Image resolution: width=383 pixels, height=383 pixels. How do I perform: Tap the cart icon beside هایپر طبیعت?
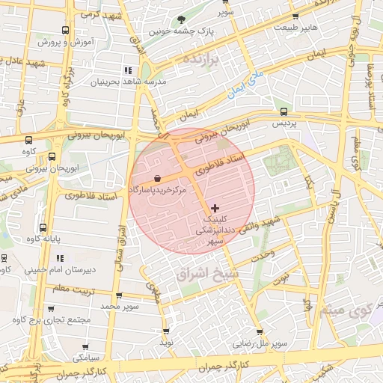tap(296, 16)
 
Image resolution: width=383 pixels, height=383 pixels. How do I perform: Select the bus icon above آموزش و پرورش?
tap(66, 31)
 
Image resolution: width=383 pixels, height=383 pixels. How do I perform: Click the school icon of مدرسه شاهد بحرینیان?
tap(137, 70)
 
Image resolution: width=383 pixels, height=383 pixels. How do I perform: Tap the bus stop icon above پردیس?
tap(282, 111)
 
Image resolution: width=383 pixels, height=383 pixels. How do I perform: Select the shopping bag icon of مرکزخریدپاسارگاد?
tap(157, 178)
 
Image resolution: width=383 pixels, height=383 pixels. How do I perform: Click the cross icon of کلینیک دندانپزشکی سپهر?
tap(216, 207)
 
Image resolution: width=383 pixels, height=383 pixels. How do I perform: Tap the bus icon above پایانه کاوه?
tap(42, 227)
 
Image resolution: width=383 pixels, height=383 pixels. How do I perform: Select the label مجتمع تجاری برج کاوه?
tap(51, 320)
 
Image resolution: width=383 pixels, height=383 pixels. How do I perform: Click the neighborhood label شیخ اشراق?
tap(206, 275)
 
